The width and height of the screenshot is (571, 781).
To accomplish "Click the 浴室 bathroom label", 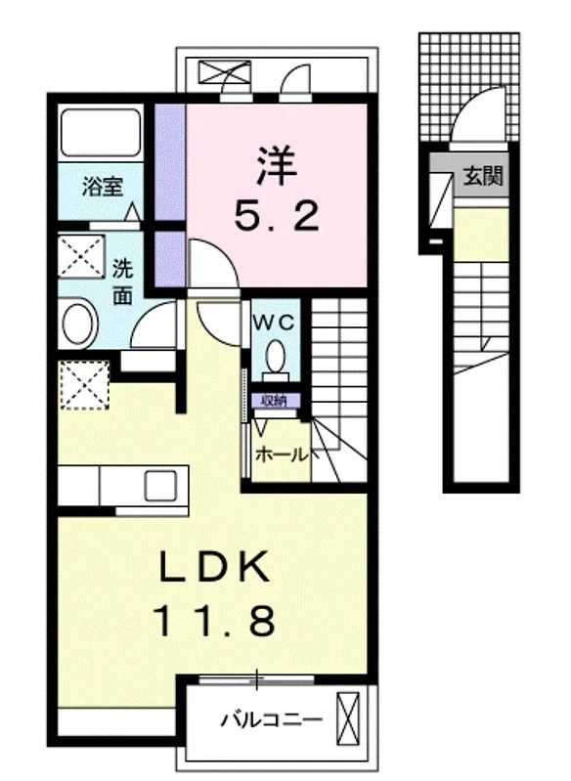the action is pyautogui.click(x=103, y=187).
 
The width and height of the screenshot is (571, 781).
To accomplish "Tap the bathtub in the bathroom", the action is pyautogui.click(x=101, y=133).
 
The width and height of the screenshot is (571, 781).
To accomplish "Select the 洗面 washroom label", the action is pyautogui.click(x=122, y=282).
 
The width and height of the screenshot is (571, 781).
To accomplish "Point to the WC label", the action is pyautogui.click(x=274, y=324).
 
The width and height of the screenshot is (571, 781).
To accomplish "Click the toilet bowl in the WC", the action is pyautogui.click(x=276, y=359).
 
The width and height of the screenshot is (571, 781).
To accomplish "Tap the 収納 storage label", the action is pyautogui.click(x=274, y=401).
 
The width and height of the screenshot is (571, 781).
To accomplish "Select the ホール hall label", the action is pyautogui.click(x=282, y=455).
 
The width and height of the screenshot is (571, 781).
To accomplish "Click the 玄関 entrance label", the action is pyautogui.click(x=483, y=176).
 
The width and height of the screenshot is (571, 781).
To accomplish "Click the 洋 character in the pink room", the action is pyautogui.click(x=277, y=164).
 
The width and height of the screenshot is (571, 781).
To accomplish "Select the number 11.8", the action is pyautogui.click(x=215, y=620).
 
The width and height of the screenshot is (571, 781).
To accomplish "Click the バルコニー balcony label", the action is pyautogui.click(x=272, y=719).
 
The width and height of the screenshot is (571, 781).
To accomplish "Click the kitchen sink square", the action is pyautogui.click(x=160, y=485).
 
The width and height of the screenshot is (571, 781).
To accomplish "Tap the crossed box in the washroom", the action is pyautogui.click(x=81, y=257).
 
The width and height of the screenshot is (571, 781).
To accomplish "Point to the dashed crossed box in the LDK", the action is pyautogui.click(x=84, y=385).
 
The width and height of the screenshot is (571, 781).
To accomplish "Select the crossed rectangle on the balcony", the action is pyautogui.click(x=348, y=718).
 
